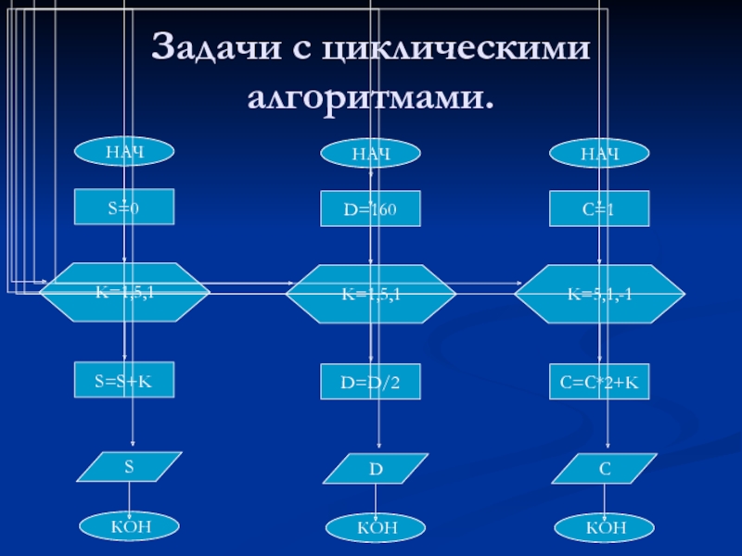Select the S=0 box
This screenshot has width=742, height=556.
coord(123,208)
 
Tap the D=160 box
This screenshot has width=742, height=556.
coord(371,209)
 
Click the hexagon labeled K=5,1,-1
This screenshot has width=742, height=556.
coord(600,293)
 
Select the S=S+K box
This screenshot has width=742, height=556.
coord(123,381)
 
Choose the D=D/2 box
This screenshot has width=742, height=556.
coord(371,382)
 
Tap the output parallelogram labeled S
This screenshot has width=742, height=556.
coord(130,467)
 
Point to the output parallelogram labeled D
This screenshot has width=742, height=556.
coord(376,469)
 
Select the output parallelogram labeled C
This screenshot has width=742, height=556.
coord(605,469)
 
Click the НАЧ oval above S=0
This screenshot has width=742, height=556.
coord(123,150)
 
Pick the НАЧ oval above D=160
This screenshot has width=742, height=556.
coord(371,153)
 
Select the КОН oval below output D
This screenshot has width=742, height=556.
coord(376,527)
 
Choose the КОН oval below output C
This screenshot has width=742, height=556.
coord(605,527)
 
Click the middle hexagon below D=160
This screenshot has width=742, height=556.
coord(371,293)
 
